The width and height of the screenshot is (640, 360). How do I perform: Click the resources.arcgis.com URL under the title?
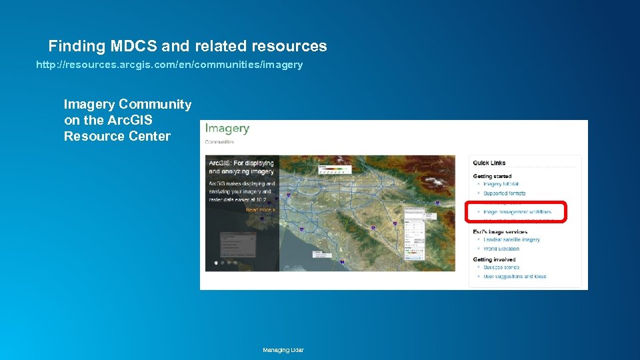tap(169, 65)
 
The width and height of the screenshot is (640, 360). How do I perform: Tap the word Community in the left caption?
tap(155, 104)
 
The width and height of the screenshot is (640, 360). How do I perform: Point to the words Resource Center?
tap(117, 136)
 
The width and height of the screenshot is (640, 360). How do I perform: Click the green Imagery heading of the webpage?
tap(227, 129)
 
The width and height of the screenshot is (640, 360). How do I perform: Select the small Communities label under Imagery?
tap(219, 142)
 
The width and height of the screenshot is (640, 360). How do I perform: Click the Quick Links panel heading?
tap(489, 163)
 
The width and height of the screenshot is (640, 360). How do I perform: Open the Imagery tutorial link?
tap(501, 184)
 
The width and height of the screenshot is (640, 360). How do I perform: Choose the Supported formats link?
tap(505, 193)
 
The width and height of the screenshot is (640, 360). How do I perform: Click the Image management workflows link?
tap(517, 212)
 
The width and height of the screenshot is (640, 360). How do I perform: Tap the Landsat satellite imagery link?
tap(511, 239)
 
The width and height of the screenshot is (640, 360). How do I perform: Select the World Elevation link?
tap(501, 249)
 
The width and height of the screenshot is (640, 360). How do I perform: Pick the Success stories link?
tap(501, 267)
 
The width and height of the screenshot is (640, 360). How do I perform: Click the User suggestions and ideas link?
tap(515, 277)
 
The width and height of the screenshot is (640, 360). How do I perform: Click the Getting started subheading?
tap(493, 176)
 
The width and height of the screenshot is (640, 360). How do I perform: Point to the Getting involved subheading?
tap(494, 259)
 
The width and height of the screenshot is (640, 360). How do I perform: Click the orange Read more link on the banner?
tap(260, 210)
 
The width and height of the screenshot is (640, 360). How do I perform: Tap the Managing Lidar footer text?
tap(283, 350)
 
